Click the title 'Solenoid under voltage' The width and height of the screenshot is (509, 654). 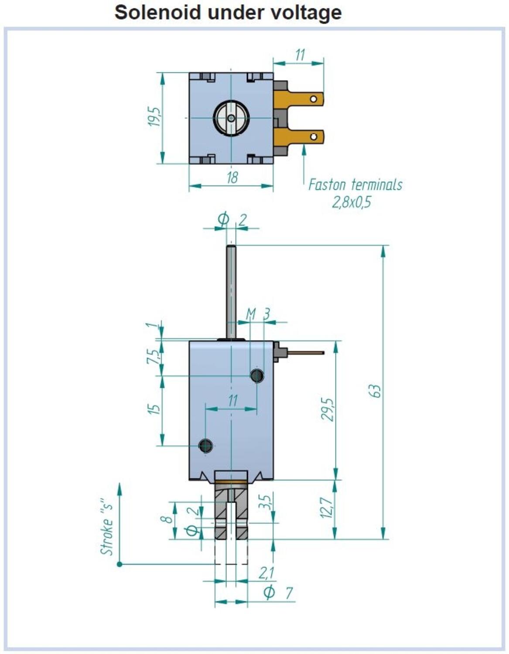click(x=228, y=12)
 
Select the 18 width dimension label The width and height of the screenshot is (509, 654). click(x=232, y=178)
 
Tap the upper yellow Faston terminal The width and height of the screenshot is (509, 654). click(x=299, y=99)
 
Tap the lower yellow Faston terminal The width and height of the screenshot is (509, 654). click(x=299, y=136)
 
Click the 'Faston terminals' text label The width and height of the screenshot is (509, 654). click(x=355, y=185)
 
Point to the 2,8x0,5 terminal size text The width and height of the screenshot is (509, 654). click(x=351, y=202)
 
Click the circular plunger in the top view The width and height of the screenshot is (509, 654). click(x=231, y=118)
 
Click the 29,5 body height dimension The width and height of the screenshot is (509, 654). click(x=327, y=409)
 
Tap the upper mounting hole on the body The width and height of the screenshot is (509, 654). click(x=257, y=375)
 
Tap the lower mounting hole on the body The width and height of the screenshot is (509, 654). click(x=205, y=446)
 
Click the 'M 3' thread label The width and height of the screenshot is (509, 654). click(x=258, y=314)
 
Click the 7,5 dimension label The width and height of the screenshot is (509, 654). click(x=153, y=357)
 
